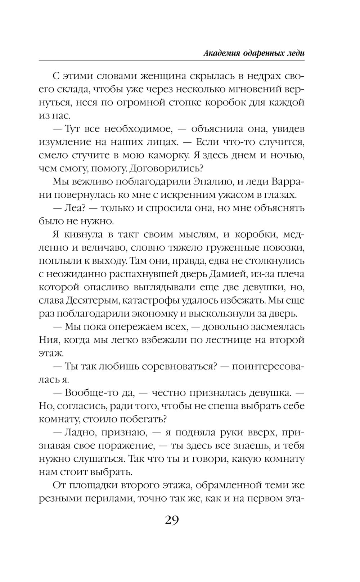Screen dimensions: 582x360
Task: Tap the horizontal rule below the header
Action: click(172, 61)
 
